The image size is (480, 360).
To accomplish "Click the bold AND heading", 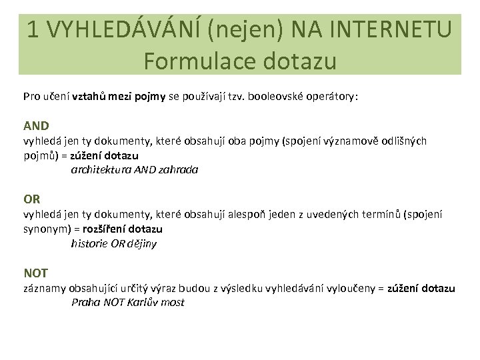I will (36, 125).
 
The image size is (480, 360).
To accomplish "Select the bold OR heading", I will (32, 199).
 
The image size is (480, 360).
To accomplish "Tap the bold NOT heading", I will (35, 273).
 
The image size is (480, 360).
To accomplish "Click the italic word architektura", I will (102, 170).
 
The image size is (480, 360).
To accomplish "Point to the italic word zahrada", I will (179, 170).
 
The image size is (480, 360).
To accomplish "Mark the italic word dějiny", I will (141, 243).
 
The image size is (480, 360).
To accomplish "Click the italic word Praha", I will (86, 303).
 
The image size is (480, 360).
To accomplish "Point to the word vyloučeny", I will (346, 288).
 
